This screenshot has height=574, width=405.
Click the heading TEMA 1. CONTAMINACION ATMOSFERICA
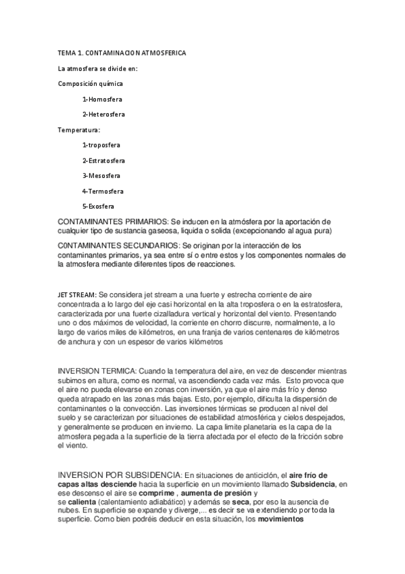click(x=122, y=53)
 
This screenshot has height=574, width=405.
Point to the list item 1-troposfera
click(x=103, y=145)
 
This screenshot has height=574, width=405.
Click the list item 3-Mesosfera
click(x=102, y=176)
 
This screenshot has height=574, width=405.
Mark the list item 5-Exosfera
click(x=98, y=206)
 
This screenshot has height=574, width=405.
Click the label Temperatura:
click(x=79, y=129)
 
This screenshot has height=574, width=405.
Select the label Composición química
click(x=91, y=83)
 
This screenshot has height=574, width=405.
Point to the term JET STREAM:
click(x=77, y=295)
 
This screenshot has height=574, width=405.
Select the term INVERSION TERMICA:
click(x=98, y=372)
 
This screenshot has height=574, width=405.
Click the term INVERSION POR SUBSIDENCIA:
click(x=120, y=476)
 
